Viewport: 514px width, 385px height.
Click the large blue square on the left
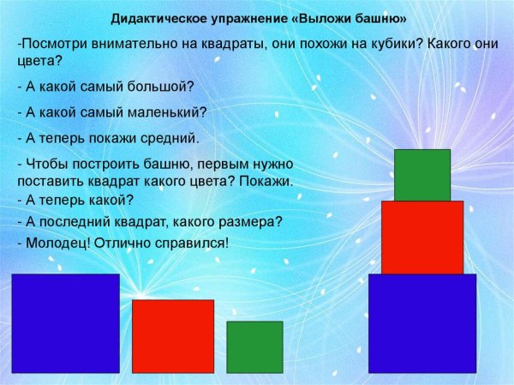pos(65,323)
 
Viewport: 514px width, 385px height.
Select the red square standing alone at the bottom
pos(172,336)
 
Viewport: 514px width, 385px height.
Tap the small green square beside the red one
pos(254,347)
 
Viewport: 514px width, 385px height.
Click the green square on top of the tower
pos(422,175)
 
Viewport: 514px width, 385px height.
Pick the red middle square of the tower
pos(421,238)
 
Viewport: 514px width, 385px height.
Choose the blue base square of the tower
pos(421,323)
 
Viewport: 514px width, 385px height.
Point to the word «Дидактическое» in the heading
pos(155,19)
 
